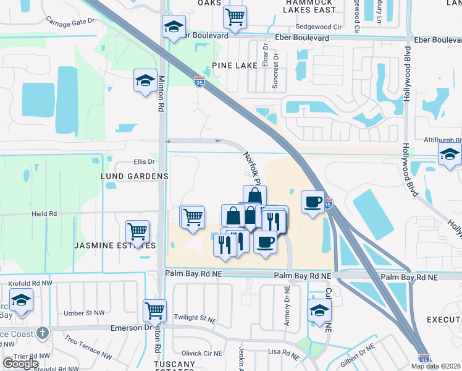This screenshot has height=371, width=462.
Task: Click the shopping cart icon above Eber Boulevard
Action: click(235, 18)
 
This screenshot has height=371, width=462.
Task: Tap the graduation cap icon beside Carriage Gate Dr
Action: click(174, 28)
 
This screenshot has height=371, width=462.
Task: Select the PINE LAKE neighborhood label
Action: click(233, 65)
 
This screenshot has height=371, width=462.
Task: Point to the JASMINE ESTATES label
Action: click(115, 245)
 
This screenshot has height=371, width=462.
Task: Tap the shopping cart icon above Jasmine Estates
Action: click(136, 232)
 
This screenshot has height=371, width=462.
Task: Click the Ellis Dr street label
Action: click(143, 162)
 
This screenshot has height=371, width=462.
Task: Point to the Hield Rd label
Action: click(44, 213)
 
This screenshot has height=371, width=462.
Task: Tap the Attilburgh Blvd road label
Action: click(443, 140)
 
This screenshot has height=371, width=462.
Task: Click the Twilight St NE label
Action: click(195, 317)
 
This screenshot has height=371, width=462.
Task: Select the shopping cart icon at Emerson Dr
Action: click(154, 310)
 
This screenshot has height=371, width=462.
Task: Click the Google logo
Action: click(20, 364)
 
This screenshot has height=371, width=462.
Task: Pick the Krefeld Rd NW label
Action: click(28, 283)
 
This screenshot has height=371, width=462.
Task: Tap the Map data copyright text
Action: click(436, 366)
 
